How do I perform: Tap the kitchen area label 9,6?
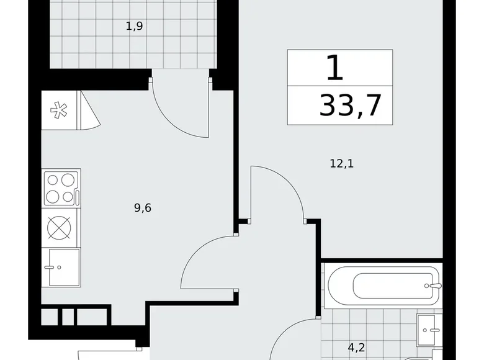[143, 208]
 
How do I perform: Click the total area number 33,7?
[349, 106]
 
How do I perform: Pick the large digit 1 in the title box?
[334, 68]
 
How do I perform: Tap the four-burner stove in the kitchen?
[60, 188]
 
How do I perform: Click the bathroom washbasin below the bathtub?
[429, 326]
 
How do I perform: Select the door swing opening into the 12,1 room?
[277, 193]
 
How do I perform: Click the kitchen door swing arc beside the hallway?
[205, 261]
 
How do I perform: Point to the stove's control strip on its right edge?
[78, 188]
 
